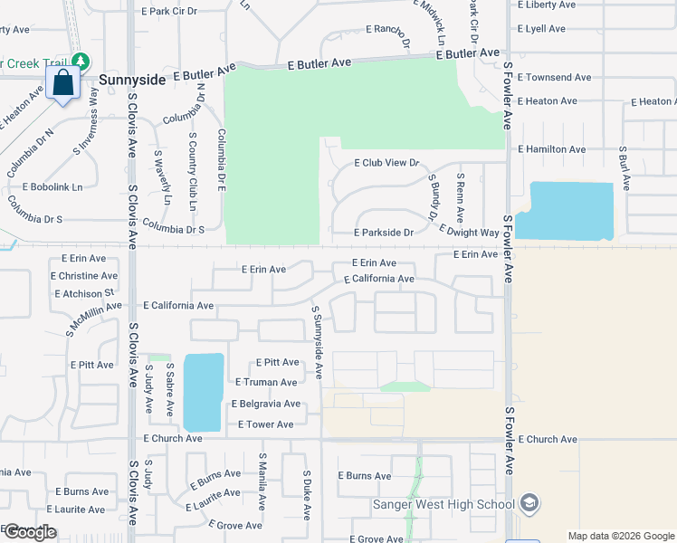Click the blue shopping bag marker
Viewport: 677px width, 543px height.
point(63,83)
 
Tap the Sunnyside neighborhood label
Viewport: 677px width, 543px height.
point(133,80)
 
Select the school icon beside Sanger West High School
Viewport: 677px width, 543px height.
point(529,504)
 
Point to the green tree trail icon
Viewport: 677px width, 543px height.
point(81,62)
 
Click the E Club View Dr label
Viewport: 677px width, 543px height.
point(387,163)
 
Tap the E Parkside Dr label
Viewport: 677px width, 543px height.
point(384,233)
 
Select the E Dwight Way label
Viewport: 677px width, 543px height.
point(468,233)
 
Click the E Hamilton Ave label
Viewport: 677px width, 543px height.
point(552,149)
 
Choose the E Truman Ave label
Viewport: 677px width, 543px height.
point(265,383)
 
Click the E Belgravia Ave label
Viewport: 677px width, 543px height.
point(266,404)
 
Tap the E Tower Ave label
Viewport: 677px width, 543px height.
point(266,424)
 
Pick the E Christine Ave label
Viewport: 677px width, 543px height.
point(84,276)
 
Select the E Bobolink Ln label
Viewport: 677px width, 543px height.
point(45,187)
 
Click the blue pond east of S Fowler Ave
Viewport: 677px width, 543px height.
point(570,211)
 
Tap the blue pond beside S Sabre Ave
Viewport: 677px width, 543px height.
point(203,392)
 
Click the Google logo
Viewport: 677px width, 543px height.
point(30,532)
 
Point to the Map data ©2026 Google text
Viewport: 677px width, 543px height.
point(620,536)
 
